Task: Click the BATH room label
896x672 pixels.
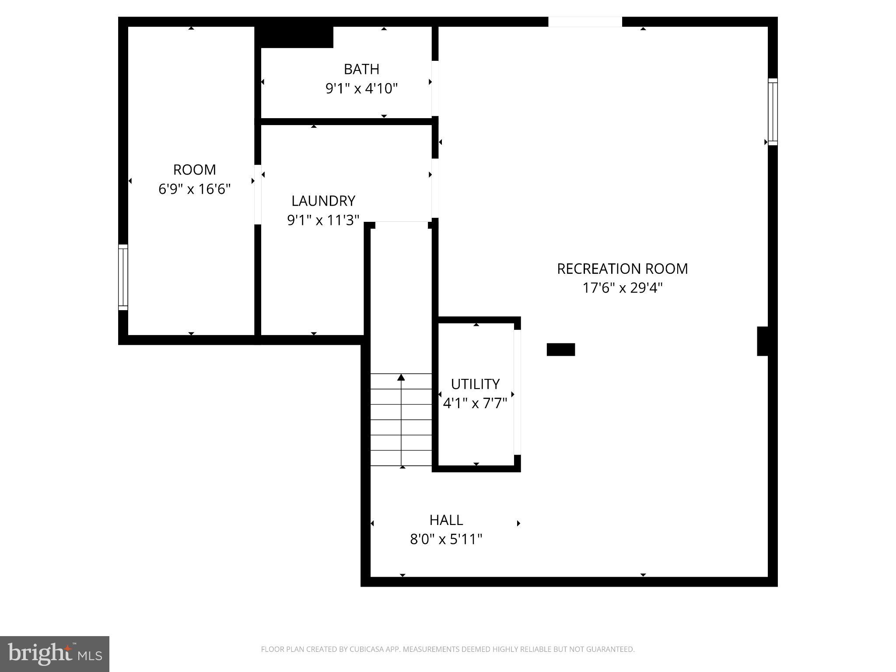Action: tap(361, 69)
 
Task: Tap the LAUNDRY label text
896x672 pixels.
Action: tap(323, 201)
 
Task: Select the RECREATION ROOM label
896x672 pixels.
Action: tap(622, 269)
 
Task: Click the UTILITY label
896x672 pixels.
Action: tap(475, 384)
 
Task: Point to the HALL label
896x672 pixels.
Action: tap(446, 520)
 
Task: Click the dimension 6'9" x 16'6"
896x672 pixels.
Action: tap(194, 189)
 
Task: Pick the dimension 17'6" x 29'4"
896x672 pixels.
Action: tap(622, 288)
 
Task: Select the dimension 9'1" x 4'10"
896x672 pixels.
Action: tap(361, 89)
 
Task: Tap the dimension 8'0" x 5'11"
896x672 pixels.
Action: tap(446, 539)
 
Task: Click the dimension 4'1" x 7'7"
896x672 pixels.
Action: tap(475, 403)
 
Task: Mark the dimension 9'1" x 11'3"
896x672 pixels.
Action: tap(323, 220)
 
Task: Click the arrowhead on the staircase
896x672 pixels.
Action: tap(401, 377)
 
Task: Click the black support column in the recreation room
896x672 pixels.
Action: tap(560, 350)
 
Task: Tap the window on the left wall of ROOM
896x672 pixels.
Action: tap(123, 277)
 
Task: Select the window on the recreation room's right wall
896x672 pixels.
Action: tap(773, 112)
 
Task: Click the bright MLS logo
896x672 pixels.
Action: tap(55, 654)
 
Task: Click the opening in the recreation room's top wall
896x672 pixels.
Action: tap(585, 22)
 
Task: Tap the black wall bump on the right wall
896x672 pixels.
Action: tap(763, 341)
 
